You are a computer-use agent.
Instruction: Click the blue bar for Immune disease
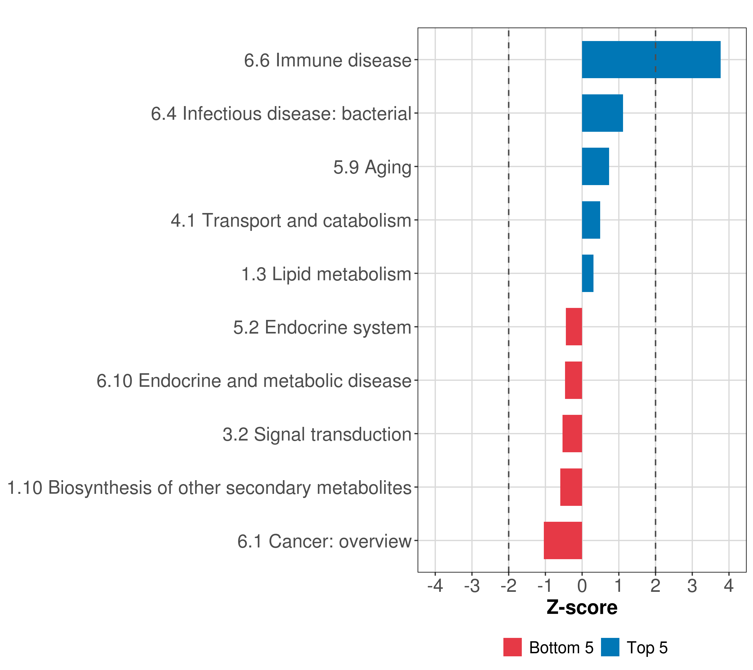pos(651,60)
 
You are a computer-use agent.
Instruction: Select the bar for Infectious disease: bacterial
pos(602,113)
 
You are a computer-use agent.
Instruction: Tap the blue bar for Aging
pos(595,166)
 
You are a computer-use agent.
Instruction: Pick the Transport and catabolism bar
pos(591,220)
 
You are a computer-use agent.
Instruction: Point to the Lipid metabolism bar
pos(588,273)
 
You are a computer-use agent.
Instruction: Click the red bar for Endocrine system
pos(574,327)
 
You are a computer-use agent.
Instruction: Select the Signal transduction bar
pos(572,434)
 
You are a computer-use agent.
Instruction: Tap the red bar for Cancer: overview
pos(563,540)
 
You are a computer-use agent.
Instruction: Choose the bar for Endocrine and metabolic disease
pos(574,380)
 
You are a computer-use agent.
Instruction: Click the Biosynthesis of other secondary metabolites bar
pos(571,487)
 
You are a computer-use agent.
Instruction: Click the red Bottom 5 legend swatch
pos(512,647)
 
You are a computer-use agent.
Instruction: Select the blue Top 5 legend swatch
pos(610,647)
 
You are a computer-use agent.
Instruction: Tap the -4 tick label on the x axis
pos(435,586)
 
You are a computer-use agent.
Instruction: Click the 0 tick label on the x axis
pos(582,586)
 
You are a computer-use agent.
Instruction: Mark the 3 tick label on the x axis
pos(692,586)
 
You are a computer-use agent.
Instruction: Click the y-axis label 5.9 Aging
pos(372,167)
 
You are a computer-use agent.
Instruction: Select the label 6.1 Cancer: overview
pos(324,541)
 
